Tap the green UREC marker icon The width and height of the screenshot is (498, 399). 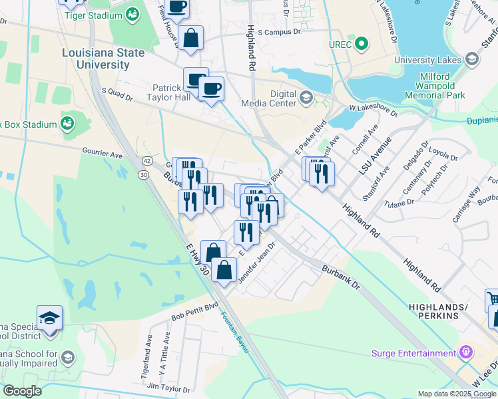(x=362, y=45)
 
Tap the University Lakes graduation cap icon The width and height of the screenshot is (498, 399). (x=473, y=61)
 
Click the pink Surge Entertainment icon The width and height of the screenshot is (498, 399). (x=465, y=352)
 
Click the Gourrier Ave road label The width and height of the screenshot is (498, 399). (x=103, y=154)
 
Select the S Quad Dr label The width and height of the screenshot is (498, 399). (x=117, y=95)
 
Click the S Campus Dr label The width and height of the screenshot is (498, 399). (x=280, y=31)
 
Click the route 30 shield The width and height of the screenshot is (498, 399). (x=143, y=174)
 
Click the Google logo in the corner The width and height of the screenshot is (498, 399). (x=22, y=391)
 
